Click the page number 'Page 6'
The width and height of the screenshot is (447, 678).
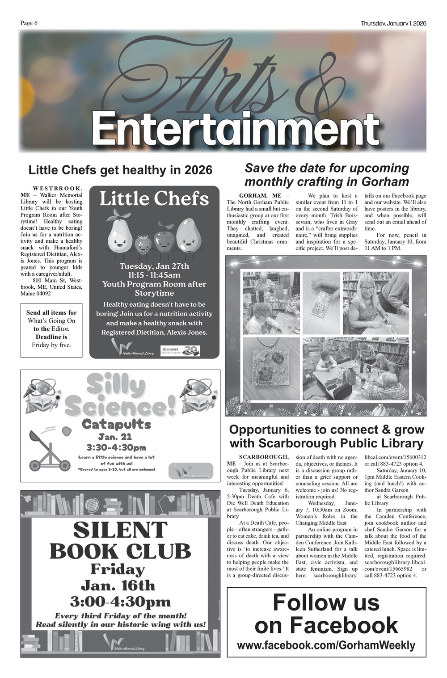coord(29,23)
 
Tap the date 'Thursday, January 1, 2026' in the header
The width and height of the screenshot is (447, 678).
coord(393,23)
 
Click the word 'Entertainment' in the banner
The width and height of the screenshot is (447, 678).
coord(236,128)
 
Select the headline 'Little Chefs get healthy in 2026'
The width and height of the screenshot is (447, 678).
coord(120,170)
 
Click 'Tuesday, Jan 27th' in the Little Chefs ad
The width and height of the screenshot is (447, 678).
coord(154,266)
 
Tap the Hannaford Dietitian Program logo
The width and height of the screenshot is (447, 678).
coord(180,350)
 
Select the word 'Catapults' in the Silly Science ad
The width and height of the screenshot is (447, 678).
coord(117,424)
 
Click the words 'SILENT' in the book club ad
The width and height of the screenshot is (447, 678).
coord(120,530)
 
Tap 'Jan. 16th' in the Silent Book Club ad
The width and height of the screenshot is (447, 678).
coord(118,585)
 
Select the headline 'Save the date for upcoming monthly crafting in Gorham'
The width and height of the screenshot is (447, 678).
coord(327,175)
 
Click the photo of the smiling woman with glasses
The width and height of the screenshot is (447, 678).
coord(375,303)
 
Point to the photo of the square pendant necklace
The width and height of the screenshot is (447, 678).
coord(271,369)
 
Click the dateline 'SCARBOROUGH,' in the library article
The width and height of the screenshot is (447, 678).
coord(264,457)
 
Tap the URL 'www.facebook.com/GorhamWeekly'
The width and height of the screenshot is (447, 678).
coord(326,645)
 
